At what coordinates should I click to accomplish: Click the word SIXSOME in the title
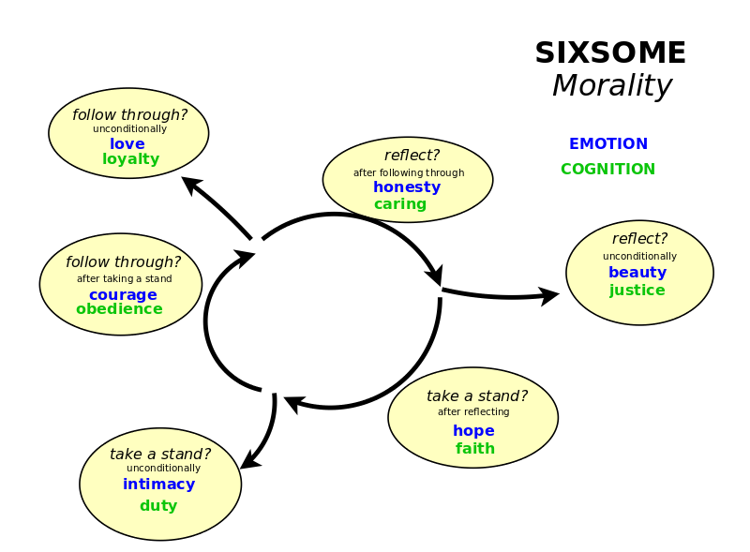pos(610,52)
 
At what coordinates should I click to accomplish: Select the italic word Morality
pos(612,86)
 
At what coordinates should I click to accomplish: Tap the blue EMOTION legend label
pos(607,143)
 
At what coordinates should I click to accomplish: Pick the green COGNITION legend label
pos(607,169)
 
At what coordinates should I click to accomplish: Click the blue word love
pos(127,143)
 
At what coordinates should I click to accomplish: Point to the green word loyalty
pos(130,158)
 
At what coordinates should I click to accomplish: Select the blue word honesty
pos(407,186)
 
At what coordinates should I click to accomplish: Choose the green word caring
pos(400,203)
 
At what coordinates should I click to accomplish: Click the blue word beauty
pos(637,272)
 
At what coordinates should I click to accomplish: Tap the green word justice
pos(637,290)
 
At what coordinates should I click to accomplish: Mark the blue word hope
pos(473,430)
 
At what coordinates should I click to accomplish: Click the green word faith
pos(475,448)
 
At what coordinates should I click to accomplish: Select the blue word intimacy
pos(158,485)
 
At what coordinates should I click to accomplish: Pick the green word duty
pos(158,505)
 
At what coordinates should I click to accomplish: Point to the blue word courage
pos(123,294)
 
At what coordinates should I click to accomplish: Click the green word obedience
pos(119,309)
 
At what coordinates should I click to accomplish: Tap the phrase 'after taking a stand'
pos(125,278)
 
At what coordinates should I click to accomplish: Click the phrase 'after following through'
pos(409,172)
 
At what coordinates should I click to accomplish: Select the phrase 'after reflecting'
pos(473,411)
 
